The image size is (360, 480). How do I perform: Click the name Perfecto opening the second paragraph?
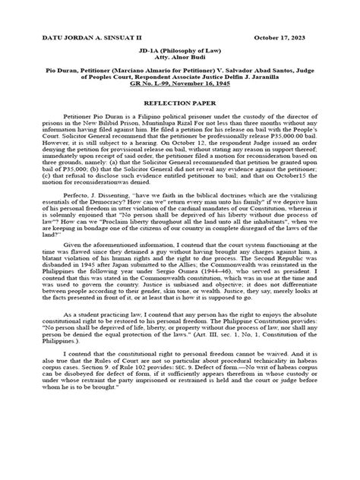point(90,200)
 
